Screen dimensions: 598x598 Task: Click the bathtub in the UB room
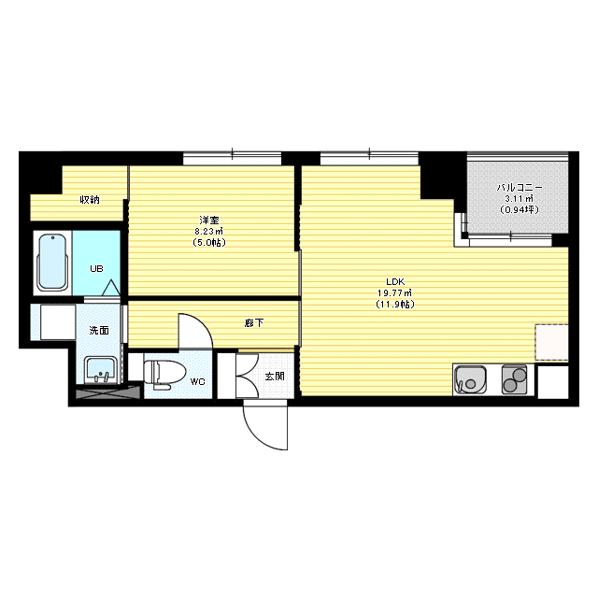click(x=52, y=262)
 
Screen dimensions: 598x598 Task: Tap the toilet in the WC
click(x=164, y=374)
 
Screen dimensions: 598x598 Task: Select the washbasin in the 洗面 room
click(x=100, y=370)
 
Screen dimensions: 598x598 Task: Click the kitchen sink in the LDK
click(x=471, y=380)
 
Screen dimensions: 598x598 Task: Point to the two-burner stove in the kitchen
click(x=515, y=379)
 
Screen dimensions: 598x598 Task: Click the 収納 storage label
click(x=90, y=199)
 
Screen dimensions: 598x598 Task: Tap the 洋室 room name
click(x=209, y=221)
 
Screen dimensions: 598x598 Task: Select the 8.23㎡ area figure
click(x=209, y=231)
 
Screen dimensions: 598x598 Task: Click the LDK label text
click(x=395, y=282)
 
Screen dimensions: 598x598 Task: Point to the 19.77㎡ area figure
click(x=394, y=292)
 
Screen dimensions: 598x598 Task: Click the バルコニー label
click(x=520, y=188)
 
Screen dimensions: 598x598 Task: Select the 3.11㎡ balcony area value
click(x=520, y=198)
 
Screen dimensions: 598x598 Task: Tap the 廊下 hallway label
click(x=254, y=323)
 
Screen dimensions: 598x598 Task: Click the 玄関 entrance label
click(x=275, y=376)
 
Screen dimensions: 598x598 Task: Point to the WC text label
click(x=197, y=381)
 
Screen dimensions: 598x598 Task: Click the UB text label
click(x=96, y=269)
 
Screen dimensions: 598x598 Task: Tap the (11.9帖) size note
click(x=394, y=305)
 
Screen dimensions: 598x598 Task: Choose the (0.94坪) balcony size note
click(x=520, y=209)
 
